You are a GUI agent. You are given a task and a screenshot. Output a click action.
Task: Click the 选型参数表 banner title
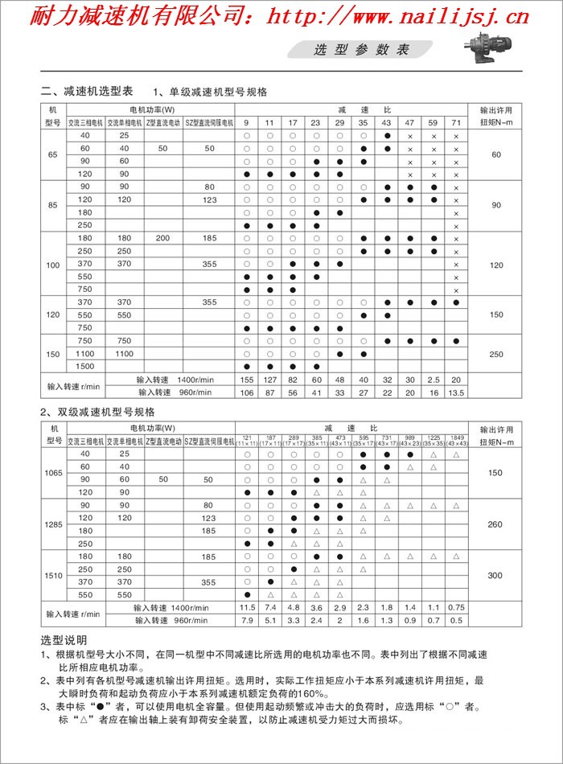(362, 50)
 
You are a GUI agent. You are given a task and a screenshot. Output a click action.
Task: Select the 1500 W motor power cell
(84, 366)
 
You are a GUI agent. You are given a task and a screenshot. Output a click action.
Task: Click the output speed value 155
(247, 380)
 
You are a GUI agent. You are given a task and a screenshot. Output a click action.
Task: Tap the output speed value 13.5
(456, 393)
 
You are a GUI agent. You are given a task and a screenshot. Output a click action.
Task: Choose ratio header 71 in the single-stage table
(456, 122)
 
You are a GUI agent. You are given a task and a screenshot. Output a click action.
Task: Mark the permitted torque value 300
(495, 575)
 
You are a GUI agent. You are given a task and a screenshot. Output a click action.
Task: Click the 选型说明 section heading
(64, 641)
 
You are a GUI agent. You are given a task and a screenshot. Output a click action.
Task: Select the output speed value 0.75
(456, 607)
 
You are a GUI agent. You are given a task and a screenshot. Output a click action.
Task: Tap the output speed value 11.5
(247, 607)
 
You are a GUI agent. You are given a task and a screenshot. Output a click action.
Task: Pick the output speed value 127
(270, 380)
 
